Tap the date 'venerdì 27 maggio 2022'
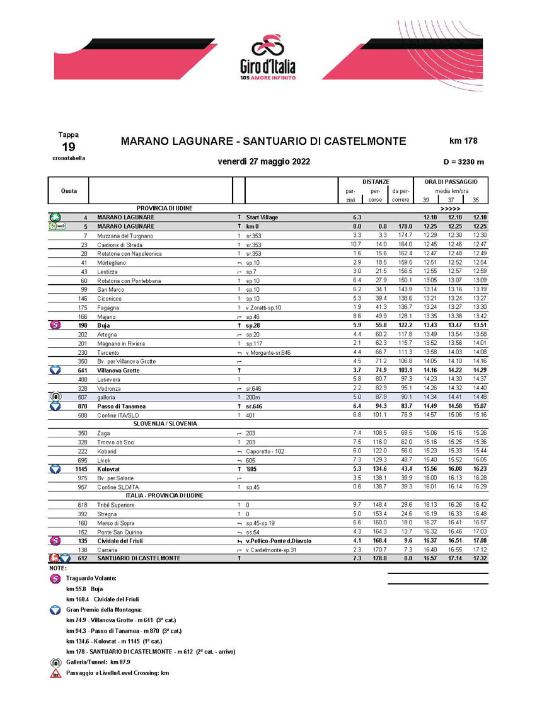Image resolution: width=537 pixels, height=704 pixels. [x=263, y=161]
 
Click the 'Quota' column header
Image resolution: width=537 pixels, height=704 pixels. [x=69, y=190]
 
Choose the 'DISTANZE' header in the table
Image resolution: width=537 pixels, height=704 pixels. [x=376, y=182]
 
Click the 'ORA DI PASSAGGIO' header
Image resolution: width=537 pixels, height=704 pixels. [x=451, y=182]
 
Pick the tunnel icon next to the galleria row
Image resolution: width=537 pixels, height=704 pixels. [x=55, y=397]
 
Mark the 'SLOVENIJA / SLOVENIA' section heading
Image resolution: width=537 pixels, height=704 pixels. [x=165, y=424]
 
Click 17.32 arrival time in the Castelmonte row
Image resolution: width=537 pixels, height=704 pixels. [x=480, y=558]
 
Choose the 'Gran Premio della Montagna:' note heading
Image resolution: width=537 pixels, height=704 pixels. [x=105, y=609]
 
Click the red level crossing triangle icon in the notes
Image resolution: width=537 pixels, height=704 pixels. [x=55, y=673]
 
